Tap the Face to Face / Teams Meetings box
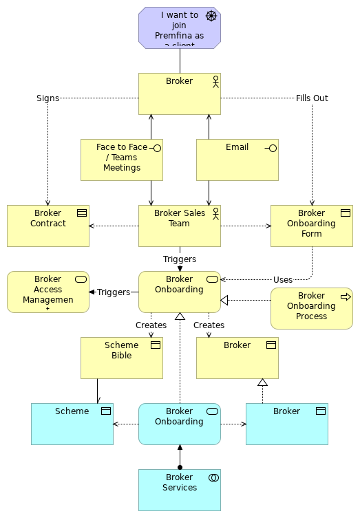(x=121, y=160)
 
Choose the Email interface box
(x=237, y=160)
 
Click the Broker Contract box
(x=48, y=226)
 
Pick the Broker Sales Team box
(x=179, y=226)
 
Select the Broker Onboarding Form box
(x=311, y=226)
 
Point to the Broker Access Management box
(x=48, y=292)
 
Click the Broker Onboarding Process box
(x=311, y=308)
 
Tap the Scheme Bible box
(x=121, y=358)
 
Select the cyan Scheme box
(x=72, y=424)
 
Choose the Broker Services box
(x=179, y=490)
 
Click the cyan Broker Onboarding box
(x=179, y=424)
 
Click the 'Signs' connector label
(x=47, y=98)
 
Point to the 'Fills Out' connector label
(x=312, y=98)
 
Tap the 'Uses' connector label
(x=282, y=280)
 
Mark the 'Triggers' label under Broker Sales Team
(x=180, y=259)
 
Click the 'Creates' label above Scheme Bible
(x=151, y=325)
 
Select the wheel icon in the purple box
(x=211, y=16)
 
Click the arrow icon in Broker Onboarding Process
(x=346, y=296)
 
